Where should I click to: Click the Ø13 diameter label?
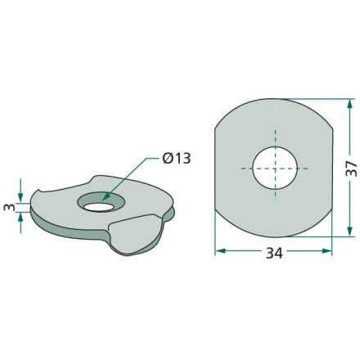177,159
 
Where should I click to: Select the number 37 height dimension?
351,169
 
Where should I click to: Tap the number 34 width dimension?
274,253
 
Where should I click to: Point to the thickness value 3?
10,207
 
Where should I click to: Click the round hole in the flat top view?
275,168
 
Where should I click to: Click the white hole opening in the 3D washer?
98,207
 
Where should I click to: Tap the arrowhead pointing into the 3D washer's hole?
106,196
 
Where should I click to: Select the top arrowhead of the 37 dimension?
350,105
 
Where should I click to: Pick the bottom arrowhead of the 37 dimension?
350,231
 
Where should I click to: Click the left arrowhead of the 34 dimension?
221,251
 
